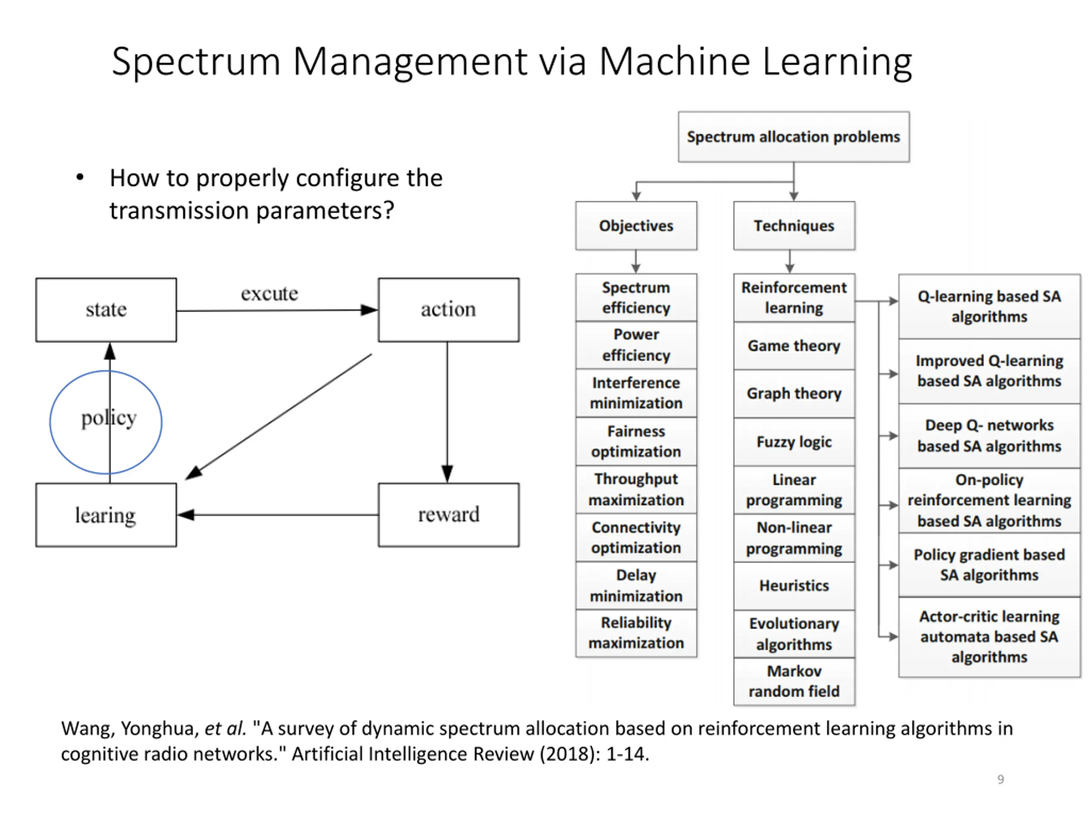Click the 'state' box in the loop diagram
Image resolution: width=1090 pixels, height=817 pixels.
tap(106, 310)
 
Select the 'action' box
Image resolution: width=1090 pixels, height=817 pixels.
tap(448, 310)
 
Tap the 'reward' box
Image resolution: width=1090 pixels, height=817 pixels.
tap(448, 514)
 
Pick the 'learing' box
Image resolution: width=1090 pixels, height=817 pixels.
tap(106, 514)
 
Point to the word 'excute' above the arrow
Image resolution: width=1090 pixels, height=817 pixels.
tap(270, 294)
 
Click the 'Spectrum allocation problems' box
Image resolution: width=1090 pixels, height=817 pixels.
tap(794, 137)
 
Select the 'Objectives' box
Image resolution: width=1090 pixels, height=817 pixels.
tap(636, 226)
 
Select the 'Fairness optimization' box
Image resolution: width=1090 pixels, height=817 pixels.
tap(636, 441)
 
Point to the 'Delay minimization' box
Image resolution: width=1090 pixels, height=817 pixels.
tap(636, 586)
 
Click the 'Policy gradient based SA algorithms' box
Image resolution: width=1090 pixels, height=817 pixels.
tap(990, 565)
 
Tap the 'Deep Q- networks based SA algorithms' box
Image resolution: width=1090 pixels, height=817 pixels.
tap(990, 436)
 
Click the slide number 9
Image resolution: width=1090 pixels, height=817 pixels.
tap(1000, 779)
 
